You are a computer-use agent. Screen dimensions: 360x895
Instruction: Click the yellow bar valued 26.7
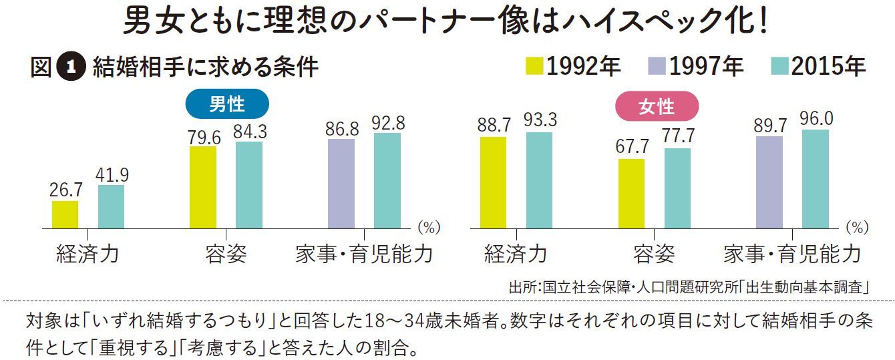65,214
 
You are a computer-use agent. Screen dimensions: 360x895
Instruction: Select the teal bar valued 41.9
111,206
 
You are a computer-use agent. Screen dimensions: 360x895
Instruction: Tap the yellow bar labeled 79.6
203,187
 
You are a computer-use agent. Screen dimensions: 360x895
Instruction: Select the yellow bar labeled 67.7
631,194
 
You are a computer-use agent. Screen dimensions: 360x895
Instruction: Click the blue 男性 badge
226,104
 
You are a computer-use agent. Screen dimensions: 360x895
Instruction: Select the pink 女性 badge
656,106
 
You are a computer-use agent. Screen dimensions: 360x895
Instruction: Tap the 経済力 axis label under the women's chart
516,254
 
